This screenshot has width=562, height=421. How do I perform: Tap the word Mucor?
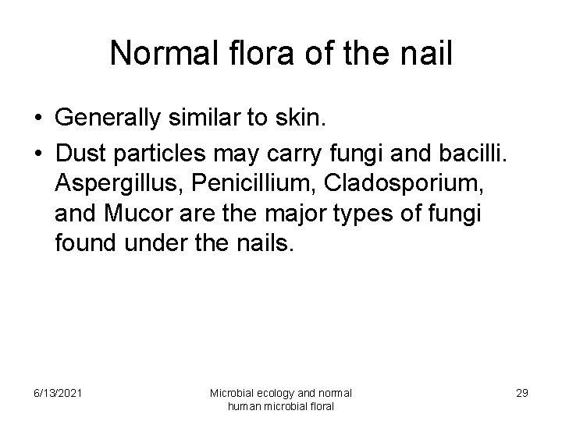[x=137, y=215]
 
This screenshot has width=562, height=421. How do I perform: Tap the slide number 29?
[x=521, y=392]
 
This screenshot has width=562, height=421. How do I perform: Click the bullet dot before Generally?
[x=38, y=119]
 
